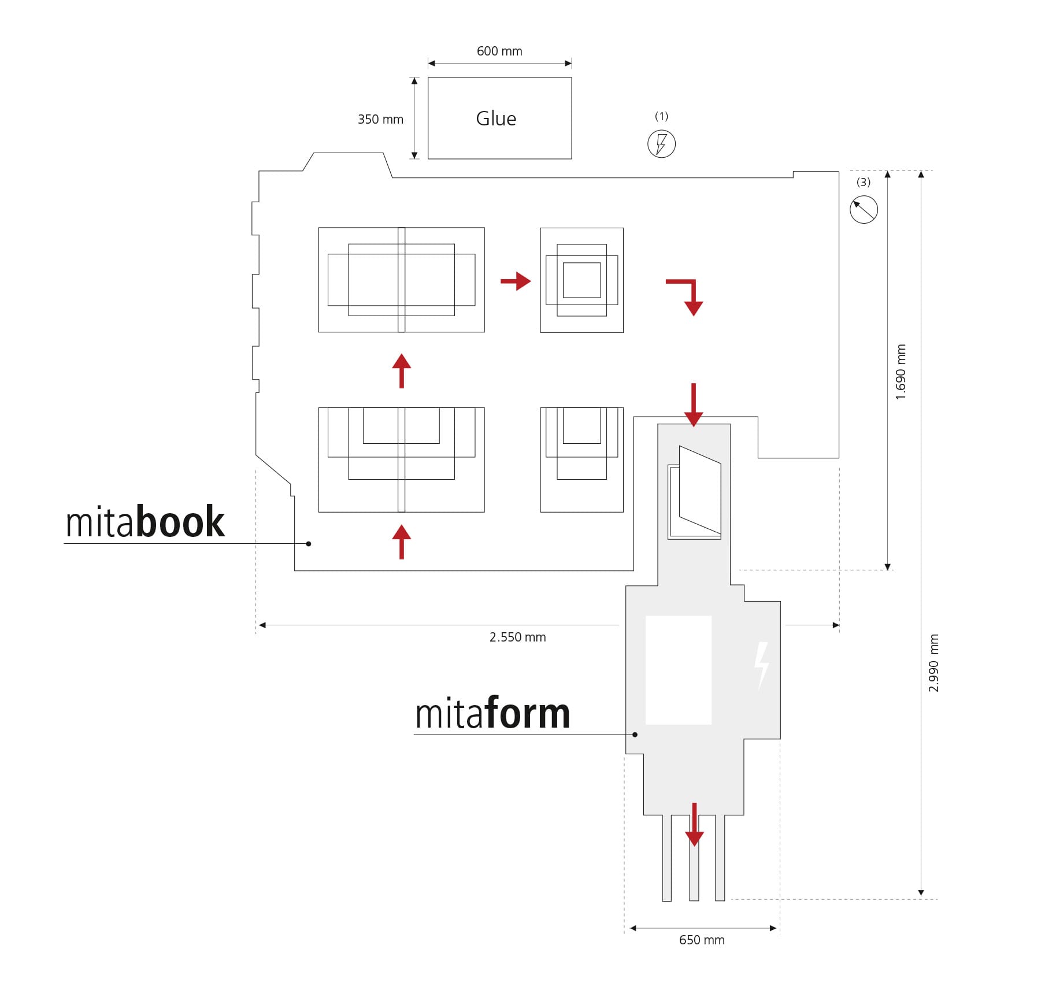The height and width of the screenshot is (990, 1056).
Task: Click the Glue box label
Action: pyautogui.click(x=495, y=118)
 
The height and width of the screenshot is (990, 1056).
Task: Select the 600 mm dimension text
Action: pyautogui.click(x=499, y=51)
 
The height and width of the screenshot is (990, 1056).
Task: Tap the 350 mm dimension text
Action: pyautogui.click(x=380, y=120)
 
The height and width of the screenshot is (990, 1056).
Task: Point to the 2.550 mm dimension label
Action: pyautogui.click(x=517, y=637)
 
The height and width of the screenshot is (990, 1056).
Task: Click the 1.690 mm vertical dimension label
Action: pyautogui.click(x=901, y=372)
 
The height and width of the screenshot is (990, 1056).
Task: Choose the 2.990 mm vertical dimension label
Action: pyautogui.click(x=933, y=663)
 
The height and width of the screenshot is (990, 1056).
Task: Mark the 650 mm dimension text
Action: pyautogui.click(x=701, y=940)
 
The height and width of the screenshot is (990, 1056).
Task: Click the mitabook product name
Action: pyautogui.click(x=145, y=522)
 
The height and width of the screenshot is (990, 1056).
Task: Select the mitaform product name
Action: pyautogui.click(x=492, y=713)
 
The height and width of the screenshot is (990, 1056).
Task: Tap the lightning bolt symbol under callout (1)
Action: pyautogui.click(x=661, y=144)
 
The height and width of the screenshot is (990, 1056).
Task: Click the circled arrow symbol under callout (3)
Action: pyautogui.click(x=864, y=209)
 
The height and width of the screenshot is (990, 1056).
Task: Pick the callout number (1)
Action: pyautogui.click(x=661, y=116)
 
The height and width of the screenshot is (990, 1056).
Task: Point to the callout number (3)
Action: pyautogui.click(x=863, y=182)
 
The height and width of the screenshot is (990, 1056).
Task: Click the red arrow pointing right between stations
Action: pyautogui.click(x=516, y=281)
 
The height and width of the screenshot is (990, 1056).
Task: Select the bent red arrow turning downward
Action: pyautogui.click(x=687, y=295)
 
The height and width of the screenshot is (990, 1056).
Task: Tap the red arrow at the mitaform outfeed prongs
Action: pyautogui.click(x=694, y=825)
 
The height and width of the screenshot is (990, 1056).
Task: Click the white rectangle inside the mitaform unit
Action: pyautogui.click(x=678, y=670)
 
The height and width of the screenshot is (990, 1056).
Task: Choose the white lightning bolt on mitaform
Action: pyautogui.click(x=762, y=665)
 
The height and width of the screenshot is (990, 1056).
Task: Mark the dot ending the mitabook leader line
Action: pyautogui.click(x=309, y=543)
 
